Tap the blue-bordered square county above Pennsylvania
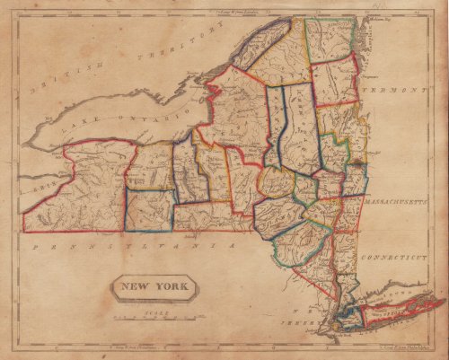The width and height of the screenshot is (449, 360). (x=149, y=208)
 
